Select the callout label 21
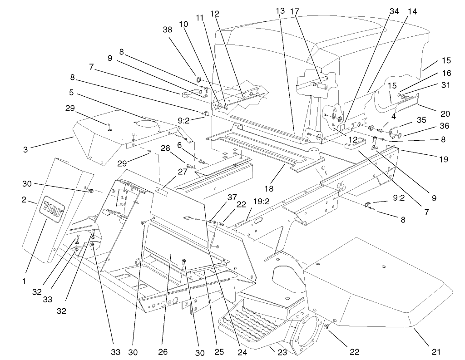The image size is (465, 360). [435, 351]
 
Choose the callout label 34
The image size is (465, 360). [394, 11]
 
